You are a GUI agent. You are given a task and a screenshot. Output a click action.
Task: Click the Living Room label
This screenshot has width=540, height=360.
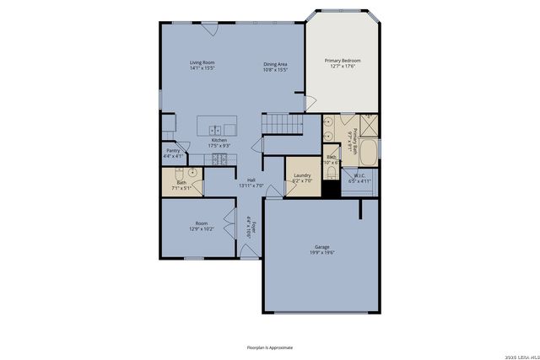pyautogui.click(x=202, y=63)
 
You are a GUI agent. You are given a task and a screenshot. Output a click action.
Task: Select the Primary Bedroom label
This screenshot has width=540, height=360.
pyautogui.click(x=343, y=61)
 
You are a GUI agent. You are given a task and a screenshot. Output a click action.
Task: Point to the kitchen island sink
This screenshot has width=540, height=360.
pyautogui.click(x=216, y=129)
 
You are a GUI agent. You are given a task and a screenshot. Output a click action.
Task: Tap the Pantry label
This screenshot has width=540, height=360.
pyautogui.click(x=172, y=150)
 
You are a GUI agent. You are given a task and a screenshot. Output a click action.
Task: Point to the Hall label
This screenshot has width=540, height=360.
pyautogui.click(x=251, y=180)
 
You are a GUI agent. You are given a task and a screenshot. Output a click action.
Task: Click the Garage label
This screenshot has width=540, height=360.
pyautogui.click(x=321, y=247)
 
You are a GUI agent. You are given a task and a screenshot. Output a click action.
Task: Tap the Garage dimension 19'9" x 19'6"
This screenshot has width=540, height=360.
pyautogui.click(x=321, y=253)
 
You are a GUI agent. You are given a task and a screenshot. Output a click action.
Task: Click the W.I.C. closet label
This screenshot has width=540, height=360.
pyautogui.click(x=359, y=175)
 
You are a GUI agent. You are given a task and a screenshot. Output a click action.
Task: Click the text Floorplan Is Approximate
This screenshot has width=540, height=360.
pyautogui.click(x=270, y=347)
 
